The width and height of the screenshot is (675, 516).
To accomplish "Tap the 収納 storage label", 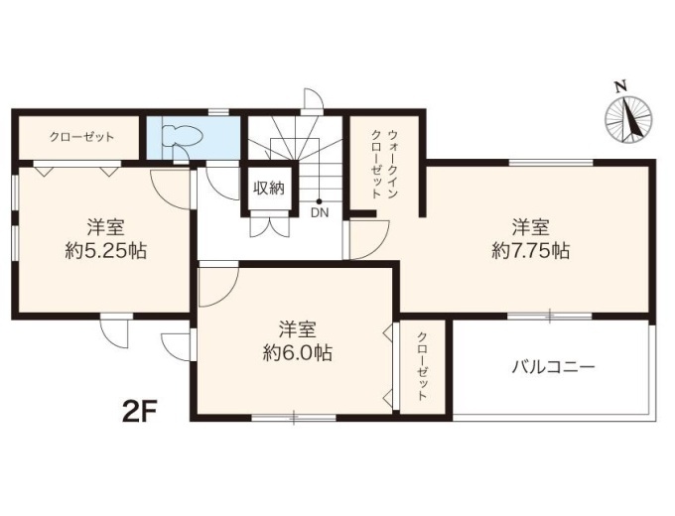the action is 269,189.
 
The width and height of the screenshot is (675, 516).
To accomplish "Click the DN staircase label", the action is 320,212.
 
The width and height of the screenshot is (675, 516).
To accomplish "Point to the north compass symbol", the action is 628,117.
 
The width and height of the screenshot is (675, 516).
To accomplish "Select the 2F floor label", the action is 139,412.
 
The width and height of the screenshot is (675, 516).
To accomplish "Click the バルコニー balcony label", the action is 553,367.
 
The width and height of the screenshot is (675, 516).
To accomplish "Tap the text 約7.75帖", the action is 530,250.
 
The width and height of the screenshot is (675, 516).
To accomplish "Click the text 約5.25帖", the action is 105,250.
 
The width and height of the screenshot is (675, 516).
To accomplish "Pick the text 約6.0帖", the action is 298,353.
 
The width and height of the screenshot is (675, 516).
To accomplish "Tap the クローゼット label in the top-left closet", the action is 81,137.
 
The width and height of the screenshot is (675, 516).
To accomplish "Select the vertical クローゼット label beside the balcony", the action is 422,366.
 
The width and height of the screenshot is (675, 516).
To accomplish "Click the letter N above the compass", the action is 620,87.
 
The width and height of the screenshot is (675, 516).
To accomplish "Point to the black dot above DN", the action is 319,201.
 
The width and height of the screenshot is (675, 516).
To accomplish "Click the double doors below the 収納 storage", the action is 269,224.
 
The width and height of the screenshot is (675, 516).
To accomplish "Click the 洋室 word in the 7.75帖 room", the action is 530,227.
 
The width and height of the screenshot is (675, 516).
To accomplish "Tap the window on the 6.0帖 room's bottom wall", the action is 294,417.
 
